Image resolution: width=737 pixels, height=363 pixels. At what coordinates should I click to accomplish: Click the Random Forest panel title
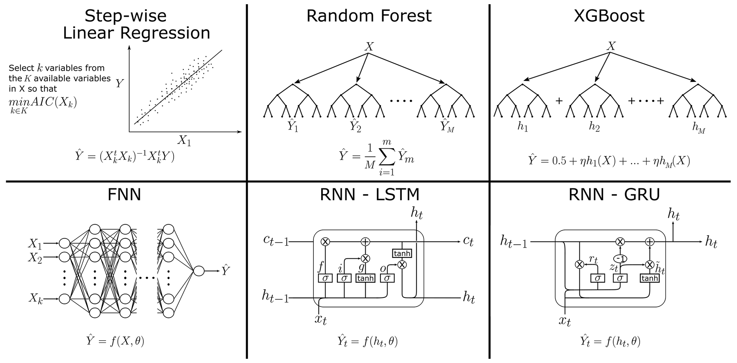click(369, 16)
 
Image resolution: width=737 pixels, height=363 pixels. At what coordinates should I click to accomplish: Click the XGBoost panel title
click(609, 16)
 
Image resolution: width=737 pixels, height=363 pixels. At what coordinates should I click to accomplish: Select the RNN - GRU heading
click(614, 194)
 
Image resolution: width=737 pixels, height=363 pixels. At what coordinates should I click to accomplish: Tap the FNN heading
click(124, 195)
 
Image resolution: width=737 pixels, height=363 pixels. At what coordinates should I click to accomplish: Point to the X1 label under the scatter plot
click(184, 141)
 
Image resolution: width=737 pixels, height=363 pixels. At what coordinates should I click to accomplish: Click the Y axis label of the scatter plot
click(119, 84)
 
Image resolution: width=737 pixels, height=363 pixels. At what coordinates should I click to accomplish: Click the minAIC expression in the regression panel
click(43, 104)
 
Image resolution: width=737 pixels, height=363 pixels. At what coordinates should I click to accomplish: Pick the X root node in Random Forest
click(369, 47)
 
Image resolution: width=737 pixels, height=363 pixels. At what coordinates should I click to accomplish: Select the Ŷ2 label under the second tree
click(355, 126)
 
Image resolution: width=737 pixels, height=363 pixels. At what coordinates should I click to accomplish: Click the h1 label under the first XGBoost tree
click(522, 127)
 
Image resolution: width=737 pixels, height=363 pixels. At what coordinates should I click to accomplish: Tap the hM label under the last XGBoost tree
click(699, 128)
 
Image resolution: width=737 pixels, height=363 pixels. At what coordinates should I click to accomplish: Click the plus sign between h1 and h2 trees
click(559, 101)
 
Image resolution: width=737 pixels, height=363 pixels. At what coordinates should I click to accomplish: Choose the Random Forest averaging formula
click(376, 157)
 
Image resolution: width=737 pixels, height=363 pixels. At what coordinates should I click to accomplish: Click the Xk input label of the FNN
click(36, 299)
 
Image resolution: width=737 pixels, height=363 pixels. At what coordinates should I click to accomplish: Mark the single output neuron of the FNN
click(199, 271)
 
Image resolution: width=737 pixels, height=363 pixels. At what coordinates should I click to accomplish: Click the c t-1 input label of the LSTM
click(276, 241)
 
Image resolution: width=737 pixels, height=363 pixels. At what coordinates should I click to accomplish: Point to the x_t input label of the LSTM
click(320, 319)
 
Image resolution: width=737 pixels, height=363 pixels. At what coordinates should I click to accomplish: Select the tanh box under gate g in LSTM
click(365, 278)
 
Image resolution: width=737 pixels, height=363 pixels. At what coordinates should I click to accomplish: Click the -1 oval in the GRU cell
click(620, 259)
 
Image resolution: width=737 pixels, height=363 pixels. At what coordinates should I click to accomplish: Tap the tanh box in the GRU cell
click(649, 278)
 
